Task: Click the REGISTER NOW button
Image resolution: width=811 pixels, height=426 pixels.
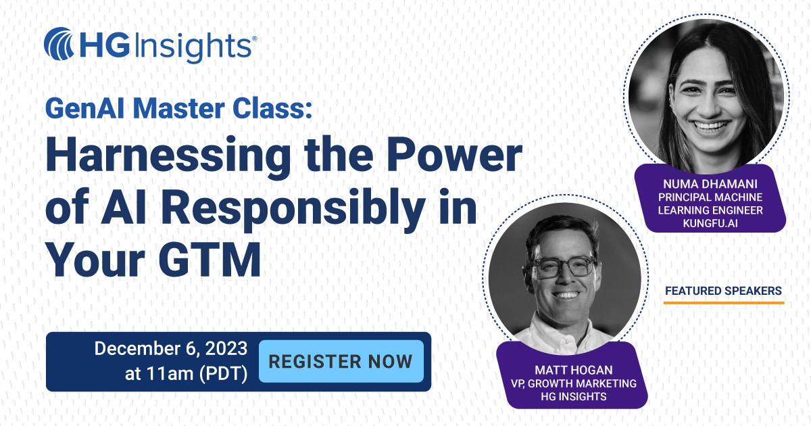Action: coord(341,361)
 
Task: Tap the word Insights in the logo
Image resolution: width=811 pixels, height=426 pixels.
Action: coord(194,47)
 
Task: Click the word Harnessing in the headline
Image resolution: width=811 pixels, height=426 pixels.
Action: coord(168,156)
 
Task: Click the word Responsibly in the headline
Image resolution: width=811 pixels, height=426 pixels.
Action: coord(293,210)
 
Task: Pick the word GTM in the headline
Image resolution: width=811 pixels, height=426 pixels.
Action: coord(210,260)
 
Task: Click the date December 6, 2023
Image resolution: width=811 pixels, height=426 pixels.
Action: coord(171,348)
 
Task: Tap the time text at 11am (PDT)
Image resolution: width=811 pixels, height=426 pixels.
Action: coord(186,373)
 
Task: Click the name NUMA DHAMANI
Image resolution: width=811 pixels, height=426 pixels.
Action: coord(710,184)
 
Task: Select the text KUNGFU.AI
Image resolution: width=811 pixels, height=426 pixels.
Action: coord(710,223)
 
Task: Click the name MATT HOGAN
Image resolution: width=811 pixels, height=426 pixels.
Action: coord(574,370)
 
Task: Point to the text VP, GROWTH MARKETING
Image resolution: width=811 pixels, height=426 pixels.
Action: coord(574,383)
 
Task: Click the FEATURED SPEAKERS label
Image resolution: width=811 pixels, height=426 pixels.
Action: coord(723,291)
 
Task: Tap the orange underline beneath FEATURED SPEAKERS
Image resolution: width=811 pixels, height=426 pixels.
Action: coord(724,302)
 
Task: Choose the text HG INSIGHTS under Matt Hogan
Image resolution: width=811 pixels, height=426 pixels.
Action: coord(574,396)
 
